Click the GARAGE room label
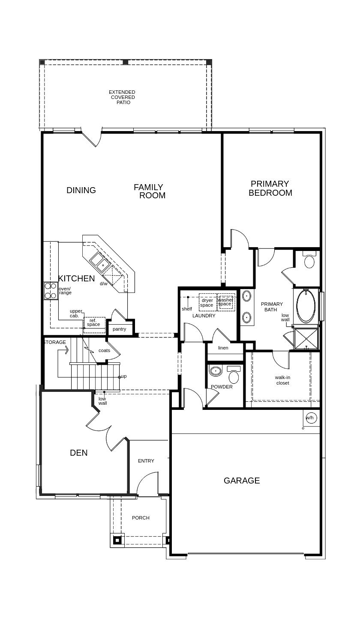pyautogui.click(x=242, y=481)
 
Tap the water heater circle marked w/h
pyautogui.click(x=310, y=418)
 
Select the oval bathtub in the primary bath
pyautogui.click(x=306, y=306)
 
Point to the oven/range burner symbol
pyautogui.click(x=51, y=291)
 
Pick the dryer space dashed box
pyautogui.click(x=207, y=302)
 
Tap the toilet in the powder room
pyautogui.click(x=233, y=374)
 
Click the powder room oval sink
pyautogui.click(x=216, y=371)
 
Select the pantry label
pyautogui.click(x=119, y=329)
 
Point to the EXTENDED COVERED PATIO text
pyautogui.click(x=122, y=97)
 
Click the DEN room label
pyautogui.click(x=79, y=453)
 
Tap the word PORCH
pyautogui.click(x=141, y=518)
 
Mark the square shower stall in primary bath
pyautogui.click(x=306, y=338)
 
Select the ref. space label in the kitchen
pyautogui.click(x=93, y=322)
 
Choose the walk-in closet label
pyautogui.click(x=282, y=380)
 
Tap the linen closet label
pyautogui.click(x=223, y=348)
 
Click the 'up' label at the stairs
pyautogui.click(x=124, y=376)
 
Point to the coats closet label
pyautogui.click(x=104, y=350)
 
